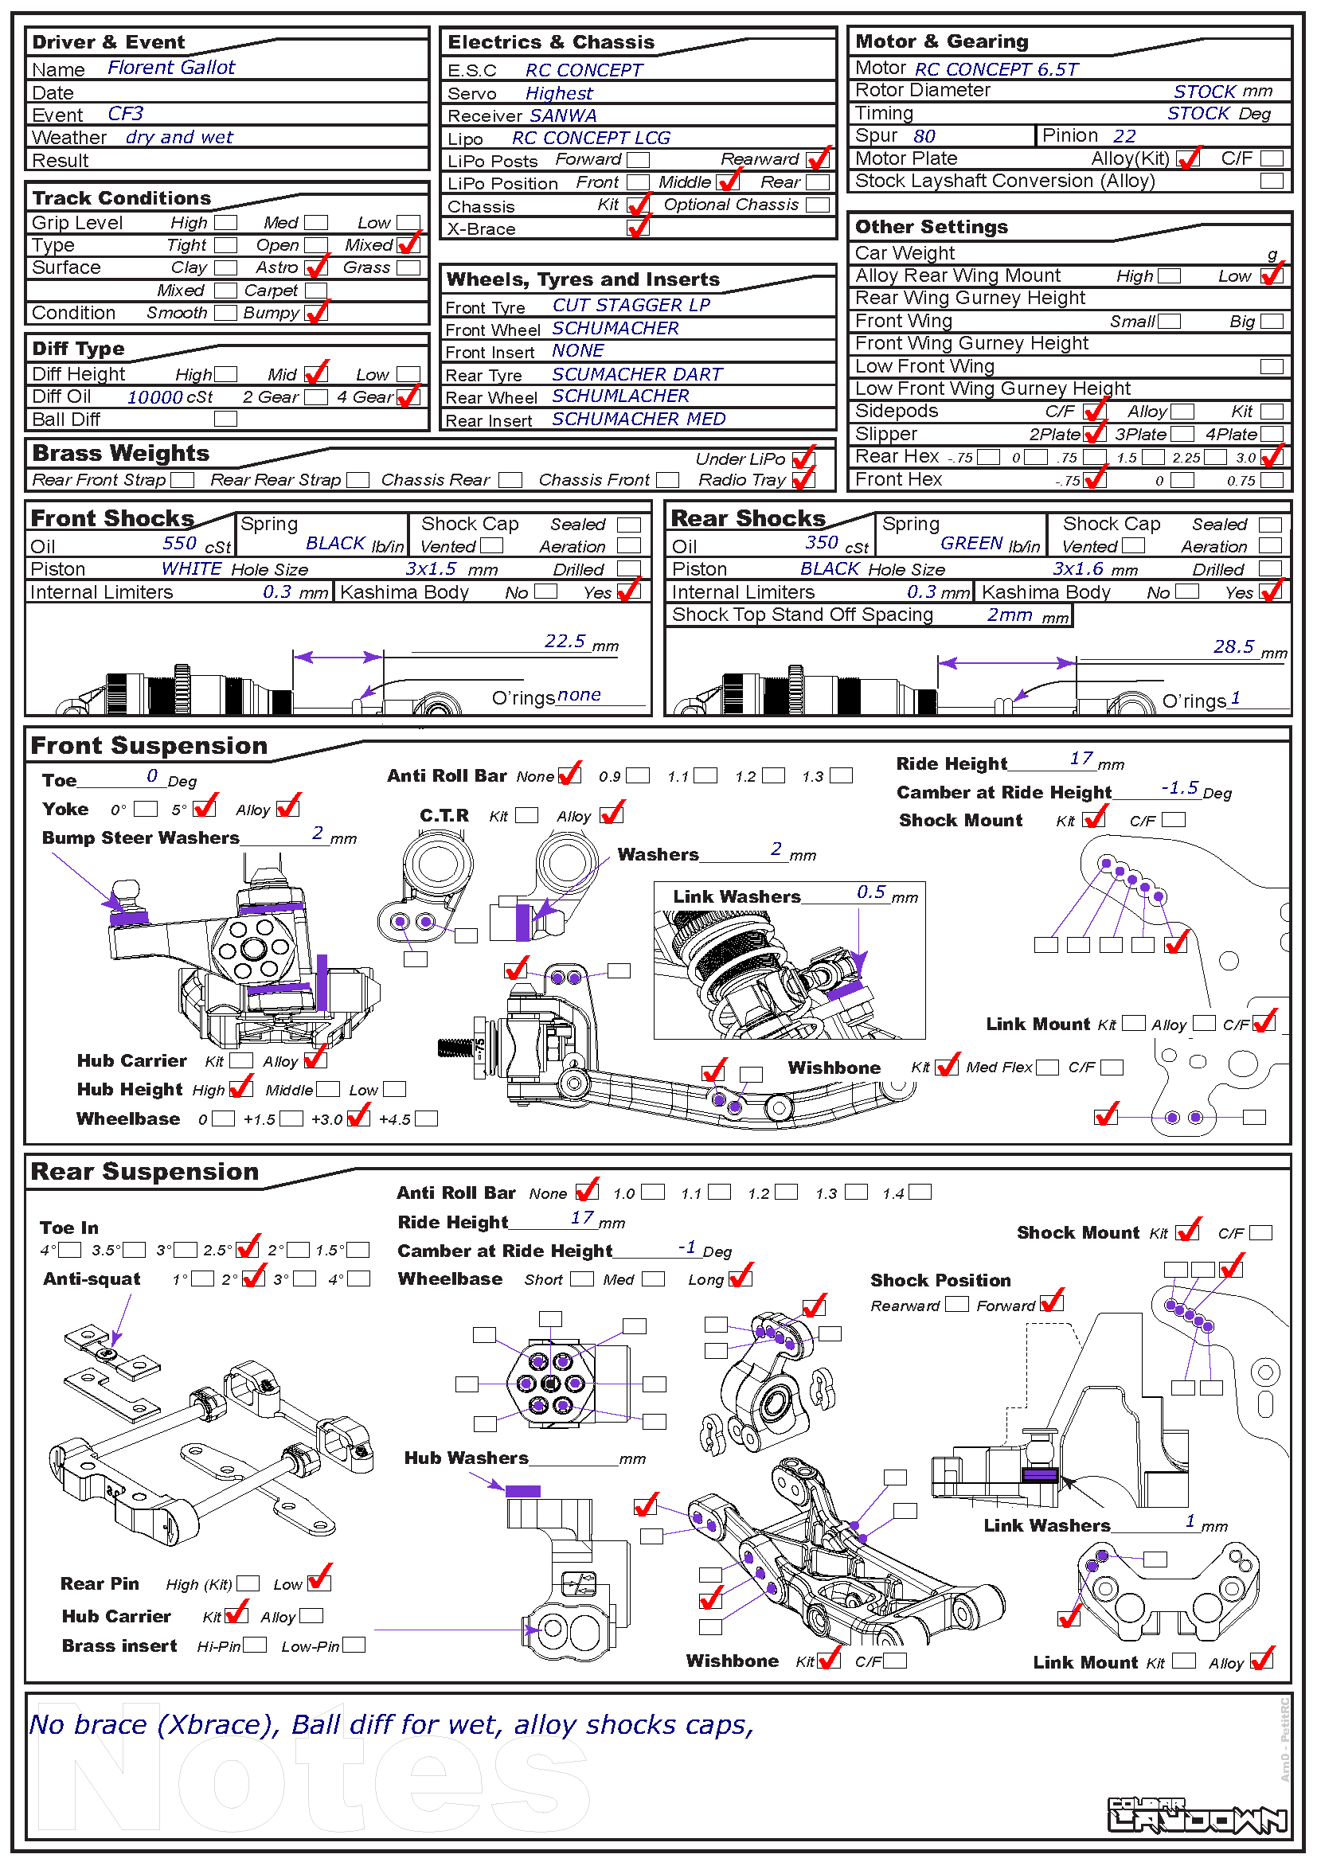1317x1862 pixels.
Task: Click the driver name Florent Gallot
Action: point(171,68)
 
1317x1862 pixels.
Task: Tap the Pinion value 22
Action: point(1124,136)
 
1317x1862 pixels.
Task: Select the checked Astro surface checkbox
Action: point(316,267)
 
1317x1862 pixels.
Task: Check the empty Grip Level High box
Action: point(226,223)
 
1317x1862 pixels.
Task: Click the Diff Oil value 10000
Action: point(155,397)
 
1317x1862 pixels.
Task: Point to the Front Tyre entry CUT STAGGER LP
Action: point(631,306)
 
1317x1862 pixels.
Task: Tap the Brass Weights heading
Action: point(120,453)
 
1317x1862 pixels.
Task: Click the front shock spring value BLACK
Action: point(335,544)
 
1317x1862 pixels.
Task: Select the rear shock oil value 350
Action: point(822,543)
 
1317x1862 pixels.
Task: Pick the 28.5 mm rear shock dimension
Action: point(1233,647)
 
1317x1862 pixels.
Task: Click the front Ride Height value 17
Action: point(1081,759)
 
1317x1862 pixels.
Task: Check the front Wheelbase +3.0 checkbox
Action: point(358,1119)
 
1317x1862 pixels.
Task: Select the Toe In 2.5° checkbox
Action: point(247,1250)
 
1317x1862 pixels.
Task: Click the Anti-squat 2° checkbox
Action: point(253,1279)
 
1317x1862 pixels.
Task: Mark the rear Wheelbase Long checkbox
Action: point(741,1279)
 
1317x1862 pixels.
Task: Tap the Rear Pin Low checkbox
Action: point(319,1583)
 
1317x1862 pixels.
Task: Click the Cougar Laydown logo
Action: point(1197,1816)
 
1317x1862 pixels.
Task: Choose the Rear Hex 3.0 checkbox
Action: point(1272,458)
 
